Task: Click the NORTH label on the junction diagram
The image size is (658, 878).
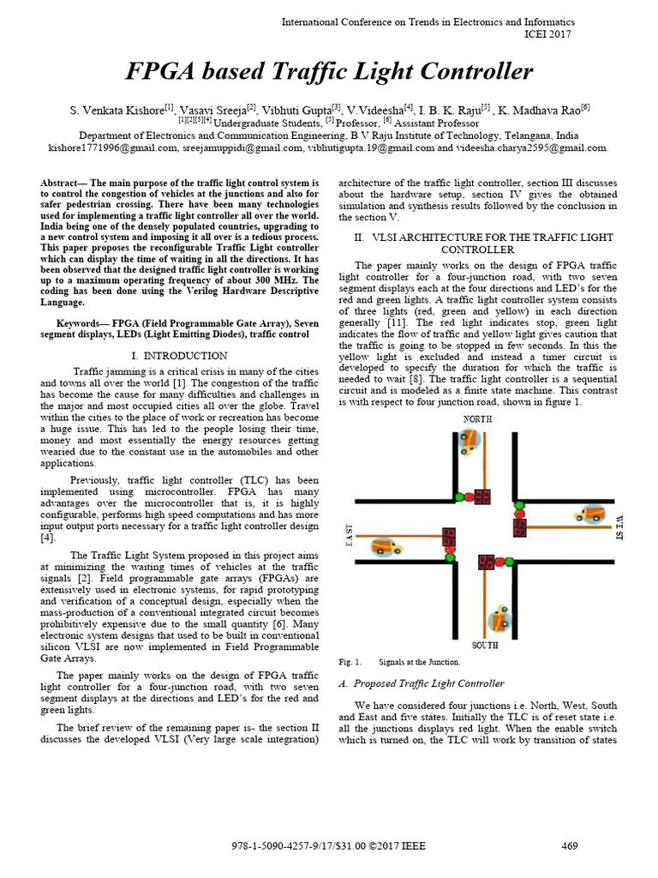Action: pyautogui.click(x=477, y=419)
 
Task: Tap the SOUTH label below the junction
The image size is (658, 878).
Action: pyautogui.click(x=485, y=645)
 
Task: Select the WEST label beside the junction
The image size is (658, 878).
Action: pyautogui.click(x=619, y=526)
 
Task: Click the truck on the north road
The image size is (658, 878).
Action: pyautogui.click(x=470, y=442)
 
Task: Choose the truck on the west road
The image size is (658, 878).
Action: pyautogui.click(x=589, y=514)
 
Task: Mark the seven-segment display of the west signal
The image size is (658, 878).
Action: pyautogui.click(x=520, y=527)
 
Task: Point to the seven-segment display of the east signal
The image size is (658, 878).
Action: pyautogui.click(x=448, y=537)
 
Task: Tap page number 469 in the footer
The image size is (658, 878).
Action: pyautogui.click(x=570, y=846)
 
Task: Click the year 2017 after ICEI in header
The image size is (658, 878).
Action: pyautogui.click(x=558, y=34)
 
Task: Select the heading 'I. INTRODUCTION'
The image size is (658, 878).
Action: pyautogui.click(x=179, y=355)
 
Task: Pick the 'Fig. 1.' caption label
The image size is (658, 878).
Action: pyautogui.click(x=350, y=662)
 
